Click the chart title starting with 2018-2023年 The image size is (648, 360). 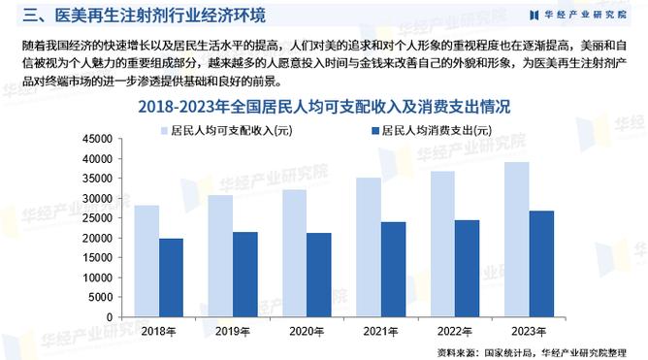[324, 106]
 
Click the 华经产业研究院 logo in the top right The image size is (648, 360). [578, 14]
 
